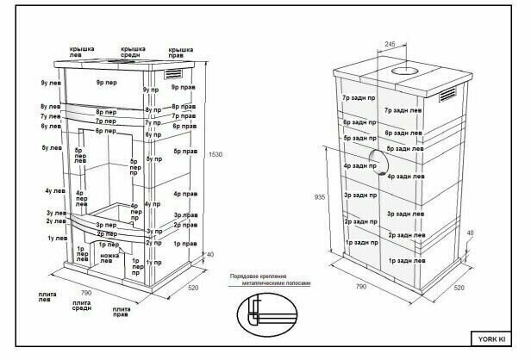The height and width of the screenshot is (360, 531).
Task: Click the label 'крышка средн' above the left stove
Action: pos(133,53)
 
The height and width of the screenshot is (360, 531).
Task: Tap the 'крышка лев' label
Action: pos(82,53)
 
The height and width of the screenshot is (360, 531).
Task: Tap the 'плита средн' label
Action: pos(83,307)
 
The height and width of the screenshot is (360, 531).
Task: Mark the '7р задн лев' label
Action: pos(404,110)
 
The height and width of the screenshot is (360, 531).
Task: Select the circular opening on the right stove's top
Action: pos(403,70)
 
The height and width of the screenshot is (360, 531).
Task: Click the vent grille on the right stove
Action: pos(449,94)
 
